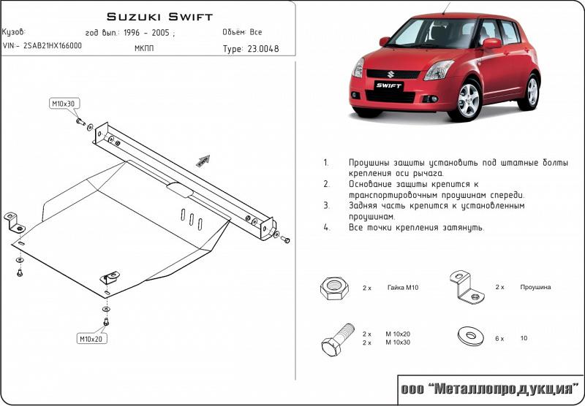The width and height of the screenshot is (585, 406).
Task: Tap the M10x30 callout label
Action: tap(63, 104)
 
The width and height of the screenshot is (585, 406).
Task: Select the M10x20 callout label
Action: tap(92, 338)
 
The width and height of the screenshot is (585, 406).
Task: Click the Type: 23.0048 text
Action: tap(250, 50)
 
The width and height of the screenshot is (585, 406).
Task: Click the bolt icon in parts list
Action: tap(336, 340)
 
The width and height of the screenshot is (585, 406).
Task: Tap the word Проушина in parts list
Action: tap(535, 288)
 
